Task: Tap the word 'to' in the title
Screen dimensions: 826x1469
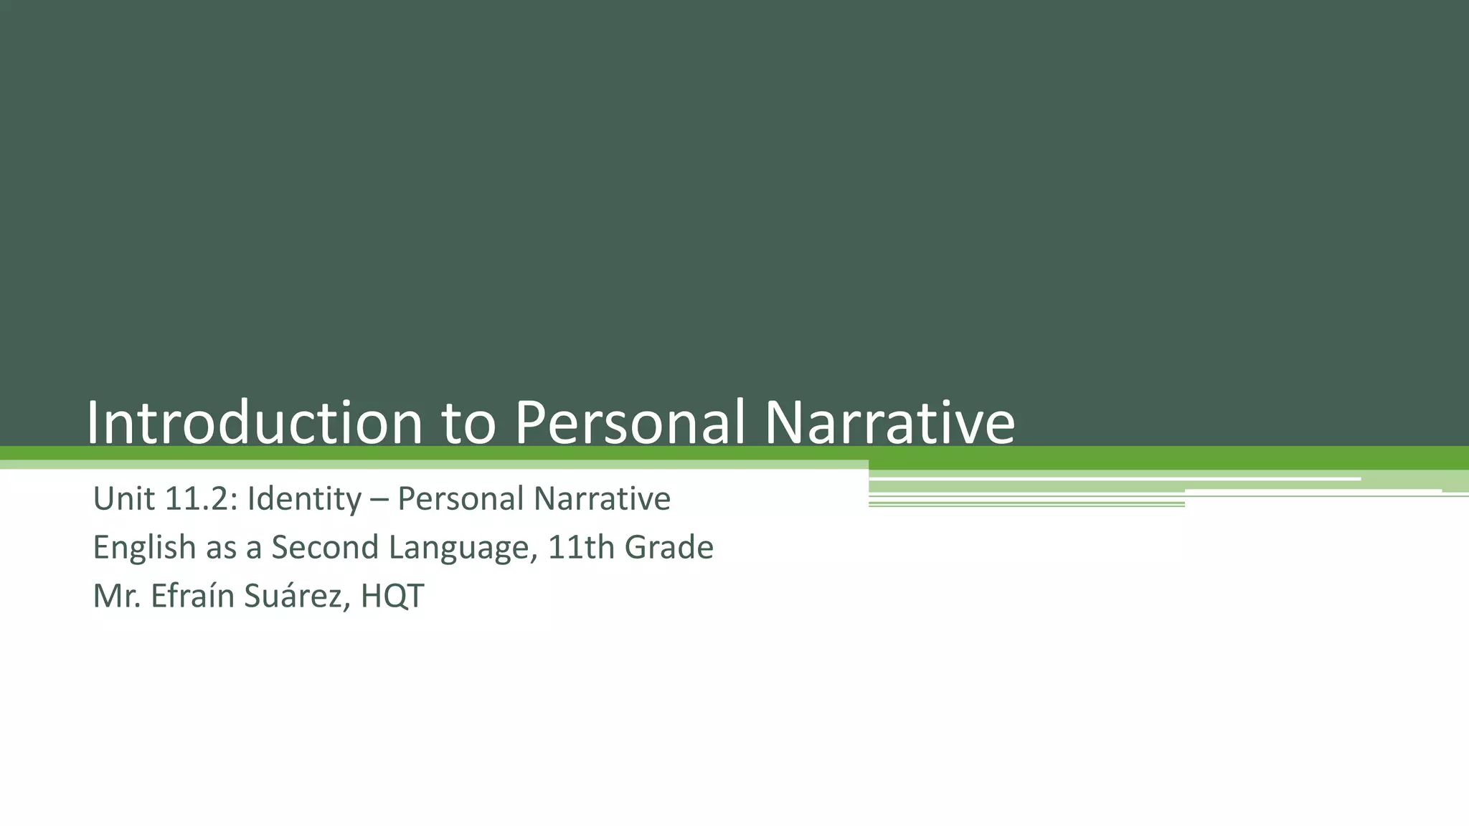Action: pos(468,423)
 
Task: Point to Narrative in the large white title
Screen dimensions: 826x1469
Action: pos(889,423)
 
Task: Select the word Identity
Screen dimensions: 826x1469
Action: pos(304,499)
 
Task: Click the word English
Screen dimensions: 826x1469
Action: pos(144,548)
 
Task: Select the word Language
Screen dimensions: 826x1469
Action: pos(463,548)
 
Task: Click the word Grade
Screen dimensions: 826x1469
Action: pos(669,548)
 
